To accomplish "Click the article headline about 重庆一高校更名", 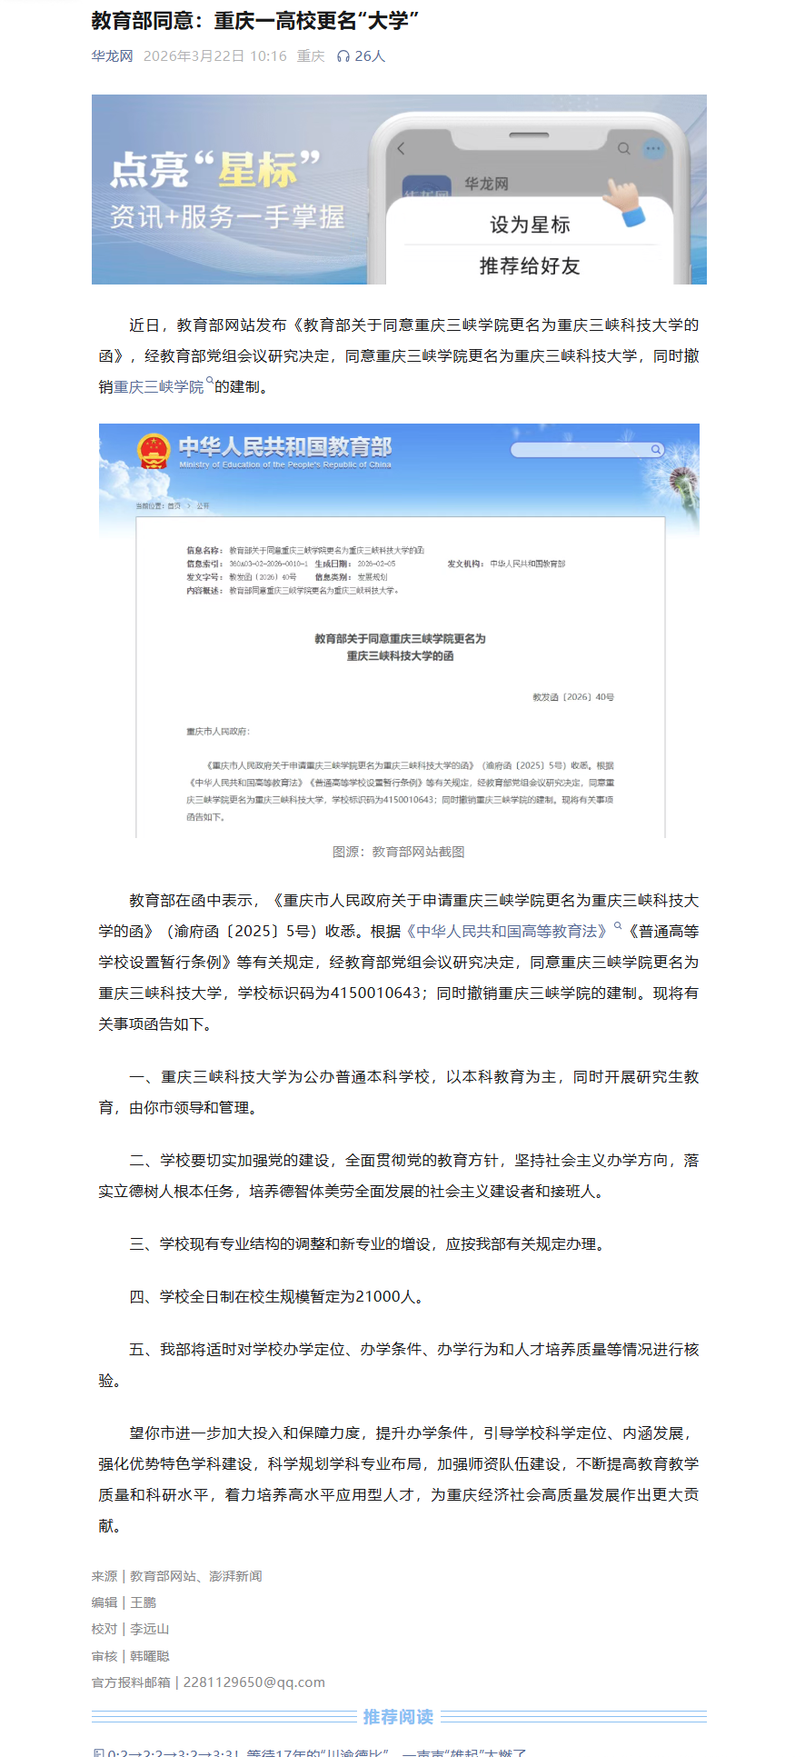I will pyautogui.click(x=255, y=20).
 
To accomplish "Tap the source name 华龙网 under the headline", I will pyautogui.click(x=112, y=56).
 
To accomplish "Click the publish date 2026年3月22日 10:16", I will pyautogui.click(x=214, y=56).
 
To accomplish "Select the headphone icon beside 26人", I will pyautogui.click(x=343, y=56).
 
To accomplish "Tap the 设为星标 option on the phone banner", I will pyautogui.click(x=530, y=225).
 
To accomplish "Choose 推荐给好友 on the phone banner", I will pyautogui.click(x=530, y=265).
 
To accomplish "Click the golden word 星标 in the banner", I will pyautogui.click(x=258, y=170).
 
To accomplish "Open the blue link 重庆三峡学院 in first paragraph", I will pyautogui.click(x=159, y=387).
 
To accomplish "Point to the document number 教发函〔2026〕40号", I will pyautogui.click(x=573, y=697).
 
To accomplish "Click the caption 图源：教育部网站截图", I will pyautogui.click(x=399, y=852).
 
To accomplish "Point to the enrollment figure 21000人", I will pyautogui.click(x=388, y=1297).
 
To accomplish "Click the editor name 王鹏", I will pyautogui.click(x=144, y=1602).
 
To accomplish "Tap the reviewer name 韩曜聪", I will pyautogui.click(x=150, y=1656).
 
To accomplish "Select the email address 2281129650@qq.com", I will pyautogui.click(x=254, y=1682).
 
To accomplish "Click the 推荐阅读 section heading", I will pyautogui.click(x=398, y=1717).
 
